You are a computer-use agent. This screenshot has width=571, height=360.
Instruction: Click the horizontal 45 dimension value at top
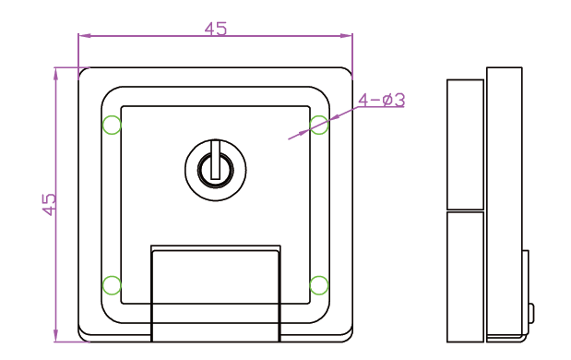tap(216, 29)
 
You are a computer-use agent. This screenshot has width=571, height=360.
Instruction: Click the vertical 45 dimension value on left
tap(49, 204)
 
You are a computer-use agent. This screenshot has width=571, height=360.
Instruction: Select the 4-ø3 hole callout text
tap(381, 100)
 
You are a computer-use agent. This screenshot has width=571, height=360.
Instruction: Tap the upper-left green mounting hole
tap(112, 125)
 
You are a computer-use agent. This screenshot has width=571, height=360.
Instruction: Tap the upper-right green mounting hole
tap(319, 125)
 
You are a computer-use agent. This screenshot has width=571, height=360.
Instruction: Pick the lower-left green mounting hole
tap(112, 285)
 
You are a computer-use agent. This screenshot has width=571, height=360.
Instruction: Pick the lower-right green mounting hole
tap(319, 285)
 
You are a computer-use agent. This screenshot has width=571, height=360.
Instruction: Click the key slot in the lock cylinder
tap(216, 160)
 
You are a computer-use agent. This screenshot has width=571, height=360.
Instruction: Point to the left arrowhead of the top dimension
tap(84, 36)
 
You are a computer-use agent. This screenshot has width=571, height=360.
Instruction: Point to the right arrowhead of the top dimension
tap(346, 36)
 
